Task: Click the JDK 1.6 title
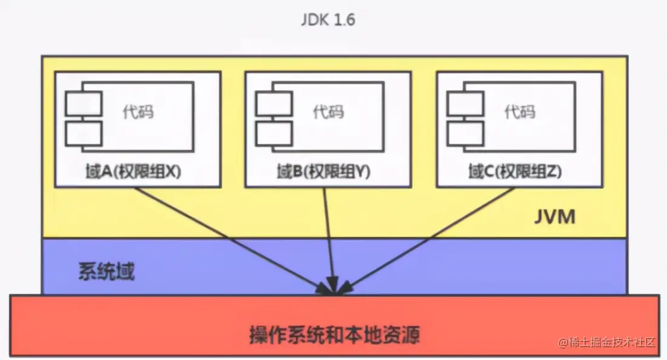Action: tap(327, 19)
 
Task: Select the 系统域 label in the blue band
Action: tap(106, 272)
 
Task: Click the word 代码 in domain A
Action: tap(138, 112)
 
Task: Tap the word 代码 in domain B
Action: tap(328, 112)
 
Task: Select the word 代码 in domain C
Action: tap(520, 112)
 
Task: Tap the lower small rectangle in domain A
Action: tap(84, 133)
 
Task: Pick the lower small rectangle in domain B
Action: tap(274, 133)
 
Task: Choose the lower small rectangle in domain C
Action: tap(465, 133)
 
